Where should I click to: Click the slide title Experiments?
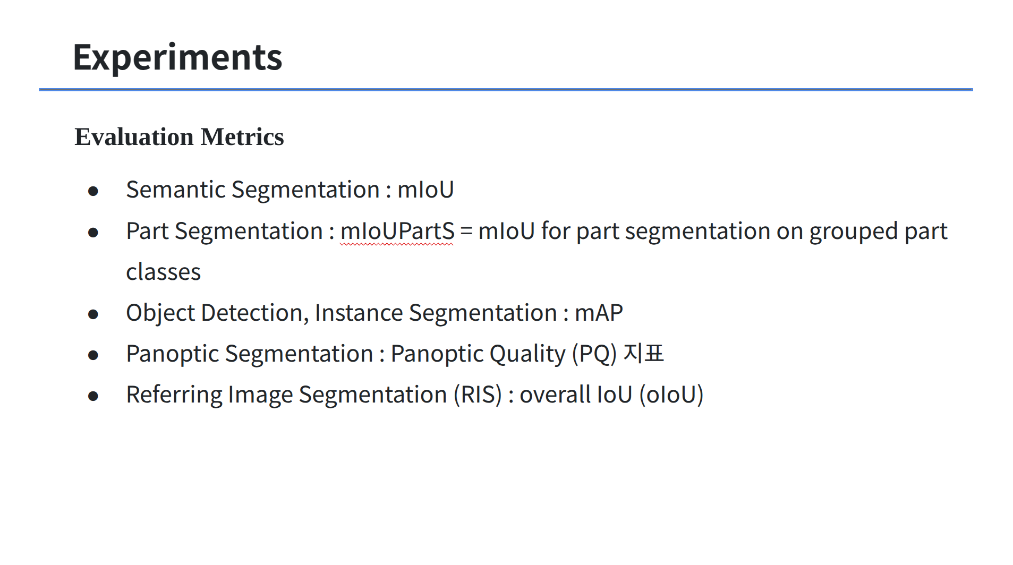pyautogui.click(x=177, y=57)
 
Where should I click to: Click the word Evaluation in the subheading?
pyautogui.click(x=134, y=137)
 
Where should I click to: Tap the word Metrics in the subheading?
pyautogui.click(x=242, y=137)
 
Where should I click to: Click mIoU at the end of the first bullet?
pyautogui.click(x=425, y=190)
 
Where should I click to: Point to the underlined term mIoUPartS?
pyautogui.click(x=397, y=232)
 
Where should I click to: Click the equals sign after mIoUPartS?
pyautogui.click(x=466, y=232)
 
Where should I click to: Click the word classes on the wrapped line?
pyautogui.click(x=164, y=272)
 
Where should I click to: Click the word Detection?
pyautogui.click(x=254, y=313)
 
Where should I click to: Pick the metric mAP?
pyautogui.click(x=599, y=313)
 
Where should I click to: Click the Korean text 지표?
pyautogui.click(x=643, y=354)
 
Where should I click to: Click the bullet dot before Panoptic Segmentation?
pyautogui.click(x=93, y=355)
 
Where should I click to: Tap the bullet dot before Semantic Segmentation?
pyautogui.click(x=93, y=191)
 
